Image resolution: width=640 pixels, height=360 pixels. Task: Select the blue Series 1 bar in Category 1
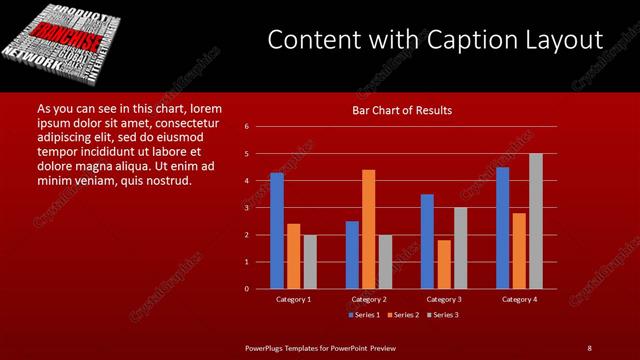pos(277,231)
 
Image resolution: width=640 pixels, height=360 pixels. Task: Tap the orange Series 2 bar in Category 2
pos(368,229)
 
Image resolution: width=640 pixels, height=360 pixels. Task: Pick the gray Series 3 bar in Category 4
pos(535,221)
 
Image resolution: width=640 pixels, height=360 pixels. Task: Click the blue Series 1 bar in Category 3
pos(427,241)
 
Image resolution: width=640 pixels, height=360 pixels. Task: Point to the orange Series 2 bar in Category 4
pos(519,250)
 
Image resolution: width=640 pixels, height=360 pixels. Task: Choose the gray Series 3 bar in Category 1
pos(309,262)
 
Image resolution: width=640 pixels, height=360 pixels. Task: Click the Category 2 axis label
pos(368,299)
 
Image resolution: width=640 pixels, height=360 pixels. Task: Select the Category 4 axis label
pos(519,299)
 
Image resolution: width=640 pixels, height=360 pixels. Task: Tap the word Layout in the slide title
pos(567,41)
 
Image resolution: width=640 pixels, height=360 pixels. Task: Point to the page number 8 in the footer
pos(590,347)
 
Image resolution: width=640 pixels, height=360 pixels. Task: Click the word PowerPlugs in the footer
pos(267,347)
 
